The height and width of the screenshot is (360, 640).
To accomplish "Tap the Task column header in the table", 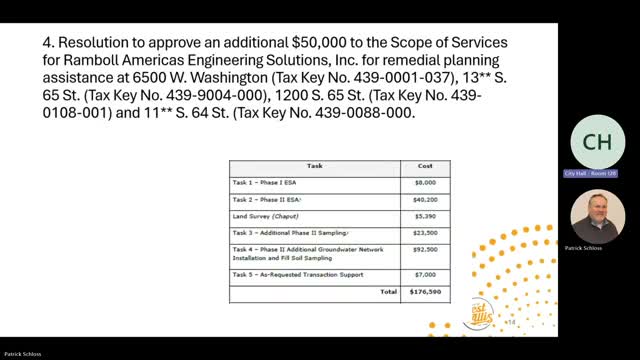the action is [314, 167].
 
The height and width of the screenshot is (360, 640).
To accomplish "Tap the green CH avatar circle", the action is [597, 142].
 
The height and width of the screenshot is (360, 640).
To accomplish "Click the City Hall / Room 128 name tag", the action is [597, 174].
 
